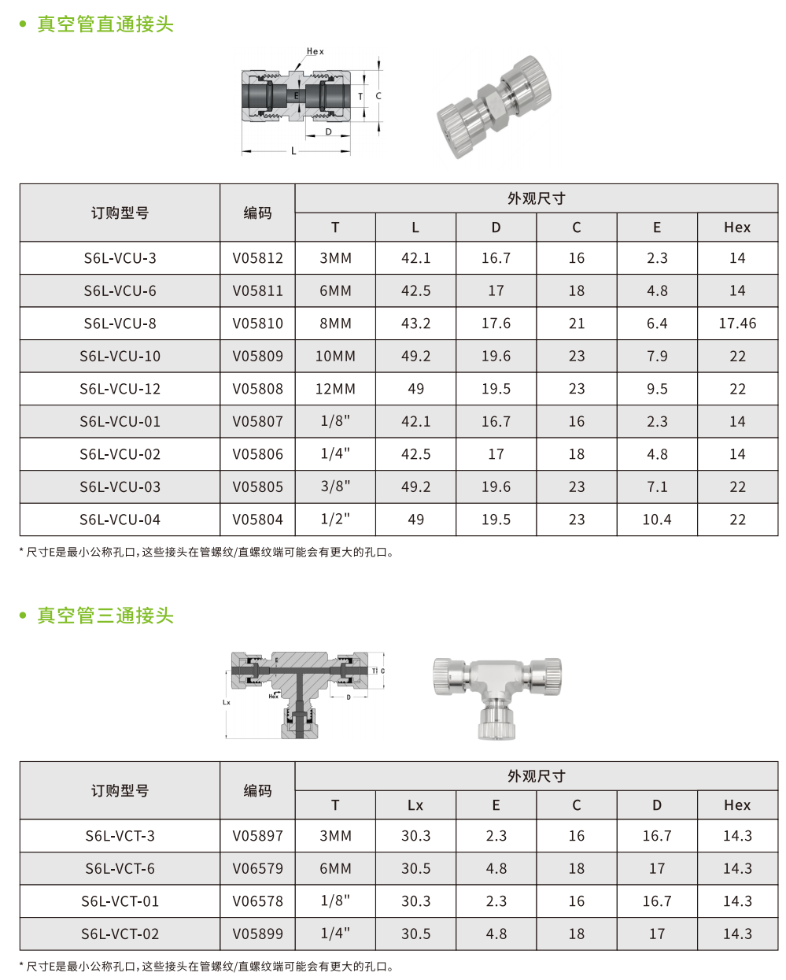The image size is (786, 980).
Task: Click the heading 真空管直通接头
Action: pyautogui.click(x=105, y=24)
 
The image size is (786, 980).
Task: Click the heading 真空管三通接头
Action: pyautogui.click(x=105, y=616)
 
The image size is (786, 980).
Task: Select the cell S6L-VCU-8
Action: pyautogui.click(x=120, y=324)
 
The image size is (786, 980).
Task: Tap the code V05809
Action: pyautogui.click(x=257, y=357)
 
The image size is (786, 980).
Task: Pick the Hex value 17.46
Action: pyautogui.click(x=737, y=324)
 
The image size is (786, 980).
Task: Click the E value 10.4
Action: pyautogui.click(x=657, y=520)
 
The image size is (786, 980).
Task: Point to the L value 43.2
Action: pyautogui.click(x=415, y=324)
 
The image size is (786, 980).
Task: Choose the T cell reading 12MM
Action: pyautogui.click(x=335, y=389)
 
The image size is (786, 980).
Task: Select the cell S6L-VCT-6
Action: pyautogui.click(x=120, y=869)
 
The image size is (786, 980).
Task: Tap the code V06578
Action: pyautogui.click(x=257, y=901)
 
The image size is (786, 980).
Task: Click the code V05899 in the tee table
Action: pyautogui.click(x=257, y=934)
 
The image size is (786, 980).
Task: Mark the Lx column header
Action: pyautogui.click(x=415, y=805)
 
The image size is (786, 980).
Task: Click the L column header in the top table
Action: pyautogui.click(x=415, y=227)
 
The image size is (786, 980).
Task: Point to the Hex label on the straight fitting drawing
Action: pyautogui.click(x=315, y=52)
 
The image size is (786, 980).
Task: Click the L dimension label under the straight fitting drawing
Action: pyautogui.click(x=294, y=151)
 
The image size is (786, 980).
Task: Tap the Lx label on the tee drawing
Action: pyautogui.click(x=227, y=702)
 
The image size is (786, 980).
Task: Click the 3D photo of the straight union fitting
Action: pyautogui.click(x=494, y=106)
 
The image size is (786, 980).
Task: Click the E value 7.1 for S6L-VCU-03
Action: pyautogui.click(x=657, y=487)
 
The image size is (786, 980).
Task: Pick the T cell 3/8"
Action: pyautogui.click(x=335, y=487)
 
